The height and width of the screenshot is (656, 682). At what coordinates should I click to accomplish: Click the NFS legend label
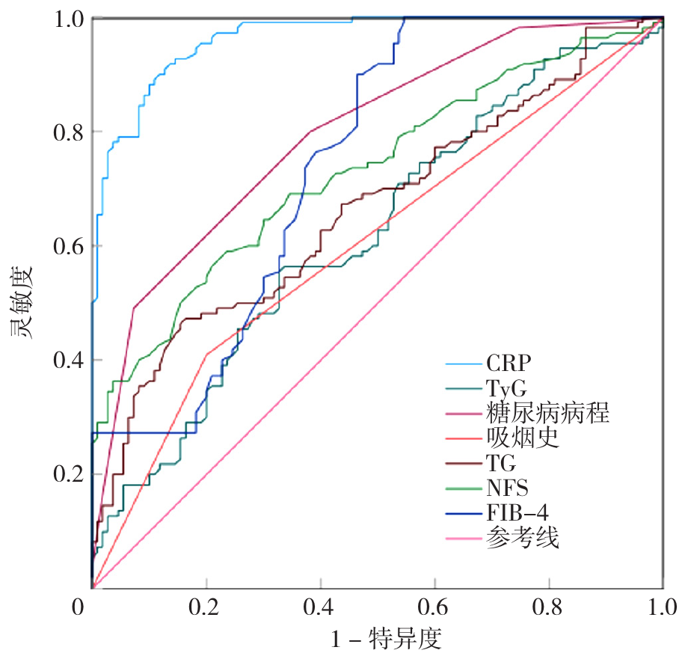(x=507, y=488)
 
